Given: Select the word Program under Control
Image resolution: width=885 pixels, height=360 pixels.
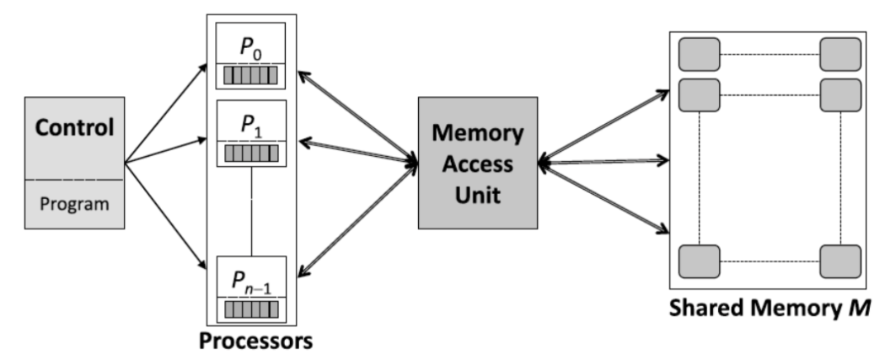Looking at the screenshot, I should [x=74, y=204].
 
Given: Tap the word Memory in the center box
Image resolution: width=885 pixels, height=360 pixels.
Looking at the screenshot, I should [x=478, y=134].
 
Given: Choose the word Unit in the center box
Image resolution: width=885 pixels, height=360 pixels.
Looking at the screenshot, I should [x=478, y=193].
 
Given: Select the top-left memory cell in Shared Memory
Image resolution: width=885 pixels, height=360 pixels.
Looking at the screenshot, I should [x=699, y=55].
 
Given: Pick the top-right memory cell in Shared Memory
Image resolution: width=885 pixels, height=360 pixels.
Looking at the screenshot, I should [x=839, y=55].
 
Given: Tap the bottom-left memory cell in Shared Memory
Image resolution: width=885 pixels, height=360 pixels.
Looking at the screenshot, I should [x=699, y=261].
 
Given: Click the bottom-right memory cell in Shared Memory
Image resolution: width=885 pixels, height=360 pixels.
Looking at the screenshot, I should [x=839, y=261].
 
